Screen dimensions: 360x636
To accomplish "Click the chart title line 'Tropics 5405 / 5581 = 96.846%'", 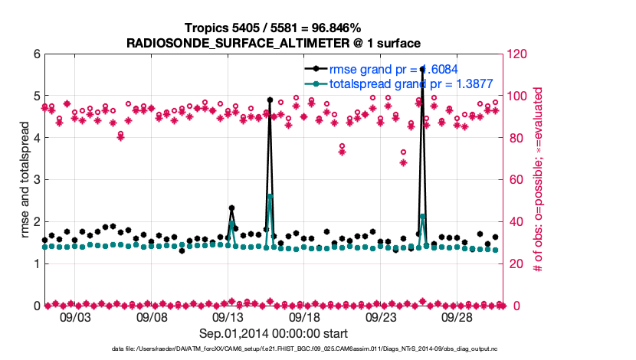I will pos(273,28).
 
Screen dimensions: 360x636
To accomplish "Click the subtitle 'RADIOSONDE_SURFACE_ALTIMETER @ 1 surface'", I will pos(273,42).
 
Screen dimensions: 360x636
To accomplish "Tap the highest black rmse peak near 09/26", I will pos(422,69).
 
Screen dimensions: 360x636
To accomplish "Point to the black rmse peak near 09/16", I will pos(270,100).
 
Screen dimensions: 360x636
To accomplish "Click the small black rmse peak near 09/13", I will pos(231,208).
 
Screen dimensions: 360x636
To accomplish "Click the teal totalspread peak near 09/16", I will pos(270,197).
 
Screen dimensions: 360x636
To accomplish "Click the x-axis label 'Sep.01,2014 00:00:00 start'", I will pos(273,333).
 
